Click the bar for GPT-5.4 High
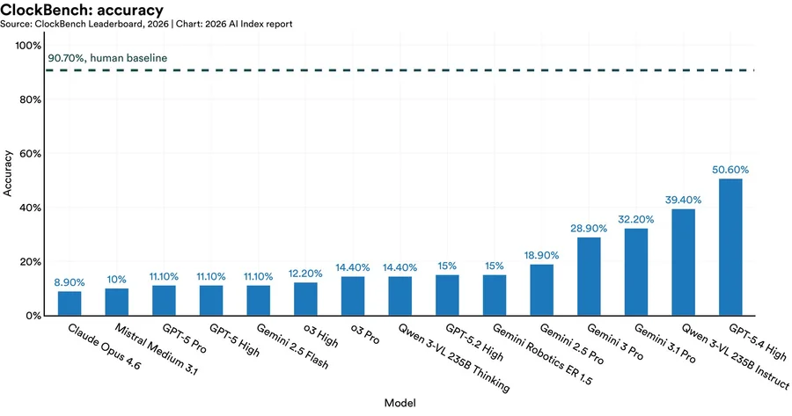730,247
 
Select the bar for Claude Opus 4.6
70,303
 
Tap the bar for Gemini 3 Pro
589,276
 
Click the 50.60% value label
730,169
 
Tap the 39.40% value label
683,199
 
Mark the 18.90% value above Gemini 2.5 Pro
541,254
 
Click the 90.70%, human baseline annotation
106,58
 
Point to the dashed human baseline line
440,69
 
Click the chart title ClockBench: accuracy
82,10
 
